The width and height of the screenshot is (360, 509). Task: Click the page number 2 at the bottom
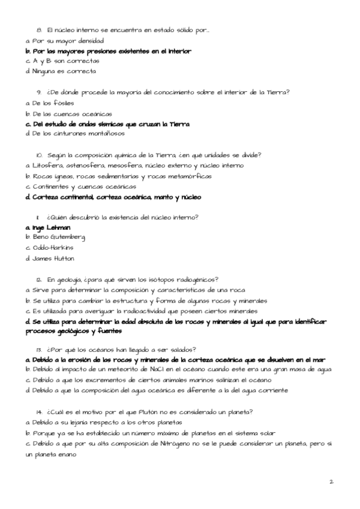point(331,481)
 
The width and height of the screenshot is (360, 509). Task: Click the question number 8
point(38,29)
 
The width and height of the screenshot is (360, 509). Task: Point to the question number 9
point(38,92)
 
